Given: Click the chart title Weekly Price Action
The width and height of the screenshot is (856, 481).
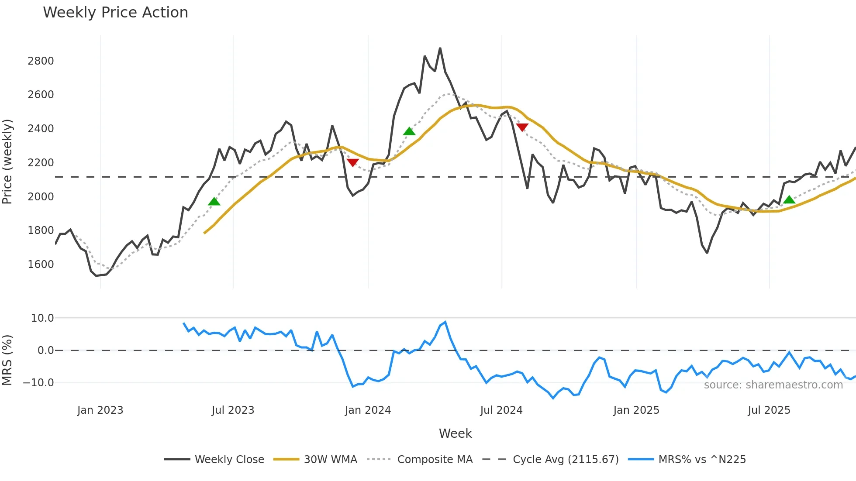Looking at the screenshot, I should point(115,13).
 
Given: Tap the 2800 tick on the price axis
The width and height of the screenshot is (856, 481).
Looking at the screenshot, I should point(41,61).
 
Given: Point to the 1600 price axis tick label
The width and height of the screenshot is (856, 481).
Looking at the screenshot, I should point(41,264).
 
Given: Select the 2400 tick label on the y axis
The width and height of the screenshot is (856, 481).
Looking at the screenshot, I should point(41,128).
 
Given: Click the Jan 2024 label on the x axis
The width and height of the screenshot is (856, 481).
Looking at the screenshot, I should point(368,410).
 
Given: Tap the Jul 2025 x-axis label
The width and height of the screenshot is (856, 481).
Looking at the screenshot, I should point(769,410).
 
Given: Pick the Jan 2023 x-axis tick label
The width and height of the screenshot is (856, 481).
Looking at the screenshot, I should point(100,410).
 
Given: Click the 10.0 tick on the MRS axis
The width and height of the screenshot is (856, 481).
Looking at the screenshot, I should point(42,318).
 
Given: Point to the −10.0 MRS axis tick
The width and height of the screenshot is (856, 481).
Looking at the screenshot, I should point(38,383).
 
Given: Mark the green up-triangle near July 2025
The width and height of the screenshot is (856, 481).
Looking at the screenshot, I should point(789,200).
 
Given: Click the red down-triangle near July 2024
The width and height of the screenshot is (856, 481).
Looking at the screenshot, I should point(522,127).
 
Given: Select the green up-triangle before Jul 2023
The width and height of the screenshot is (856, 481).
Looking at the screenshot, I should point(214,201).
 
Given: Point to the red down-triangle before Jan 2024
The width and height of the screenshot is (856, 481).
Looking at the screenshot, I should point(352,162).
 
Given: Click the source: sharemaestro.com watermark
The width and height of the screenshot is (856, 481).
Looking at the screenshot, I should point(773,385).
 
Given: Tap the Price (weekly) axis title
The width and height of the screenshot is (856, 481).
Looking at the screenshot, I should point(7,161).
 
